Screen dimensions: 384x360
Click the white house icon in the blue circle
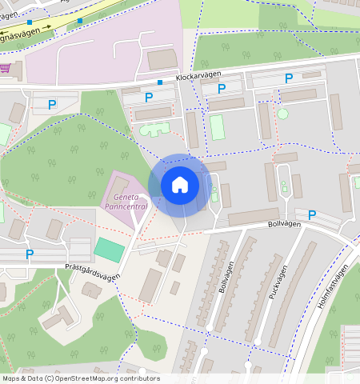click(180, 185)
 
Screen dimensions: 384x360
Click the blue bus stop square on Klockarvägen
click(160, 82)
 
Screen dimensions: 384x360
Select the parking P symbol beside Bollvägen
click(312, 215)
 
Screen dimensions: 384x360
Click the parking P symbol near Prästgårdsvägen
click(30, 254)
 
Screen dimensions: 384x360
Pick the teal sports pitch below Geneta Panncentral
click(110, 249)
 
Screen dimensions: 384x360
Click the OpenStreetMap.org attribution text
click(80, 378)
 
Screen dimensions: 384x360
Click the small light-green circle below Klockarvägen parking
click(282, 114)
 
